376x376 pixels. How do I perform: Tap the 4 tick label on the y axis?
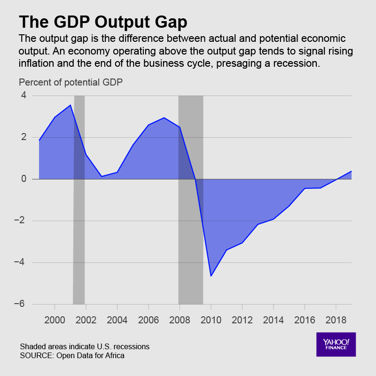point(23,96)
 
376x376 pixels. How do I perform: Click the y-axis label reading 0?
point(23,179)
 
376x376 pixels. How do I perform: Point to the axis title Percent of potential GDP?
point(70,82)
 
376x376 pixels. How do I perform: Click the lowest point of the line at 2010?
point(211,276)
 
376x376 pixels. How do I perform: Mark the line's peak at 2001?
point(70,105)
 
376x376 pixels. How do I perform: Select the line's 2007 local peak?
point(164,118)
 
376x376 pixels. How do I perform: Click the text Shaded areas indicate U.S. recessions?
point(85,346)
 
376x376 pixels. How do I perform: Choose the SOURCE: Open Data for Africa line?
point(73,355)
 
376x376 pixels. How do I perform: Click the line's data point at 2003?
point(102,176)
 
